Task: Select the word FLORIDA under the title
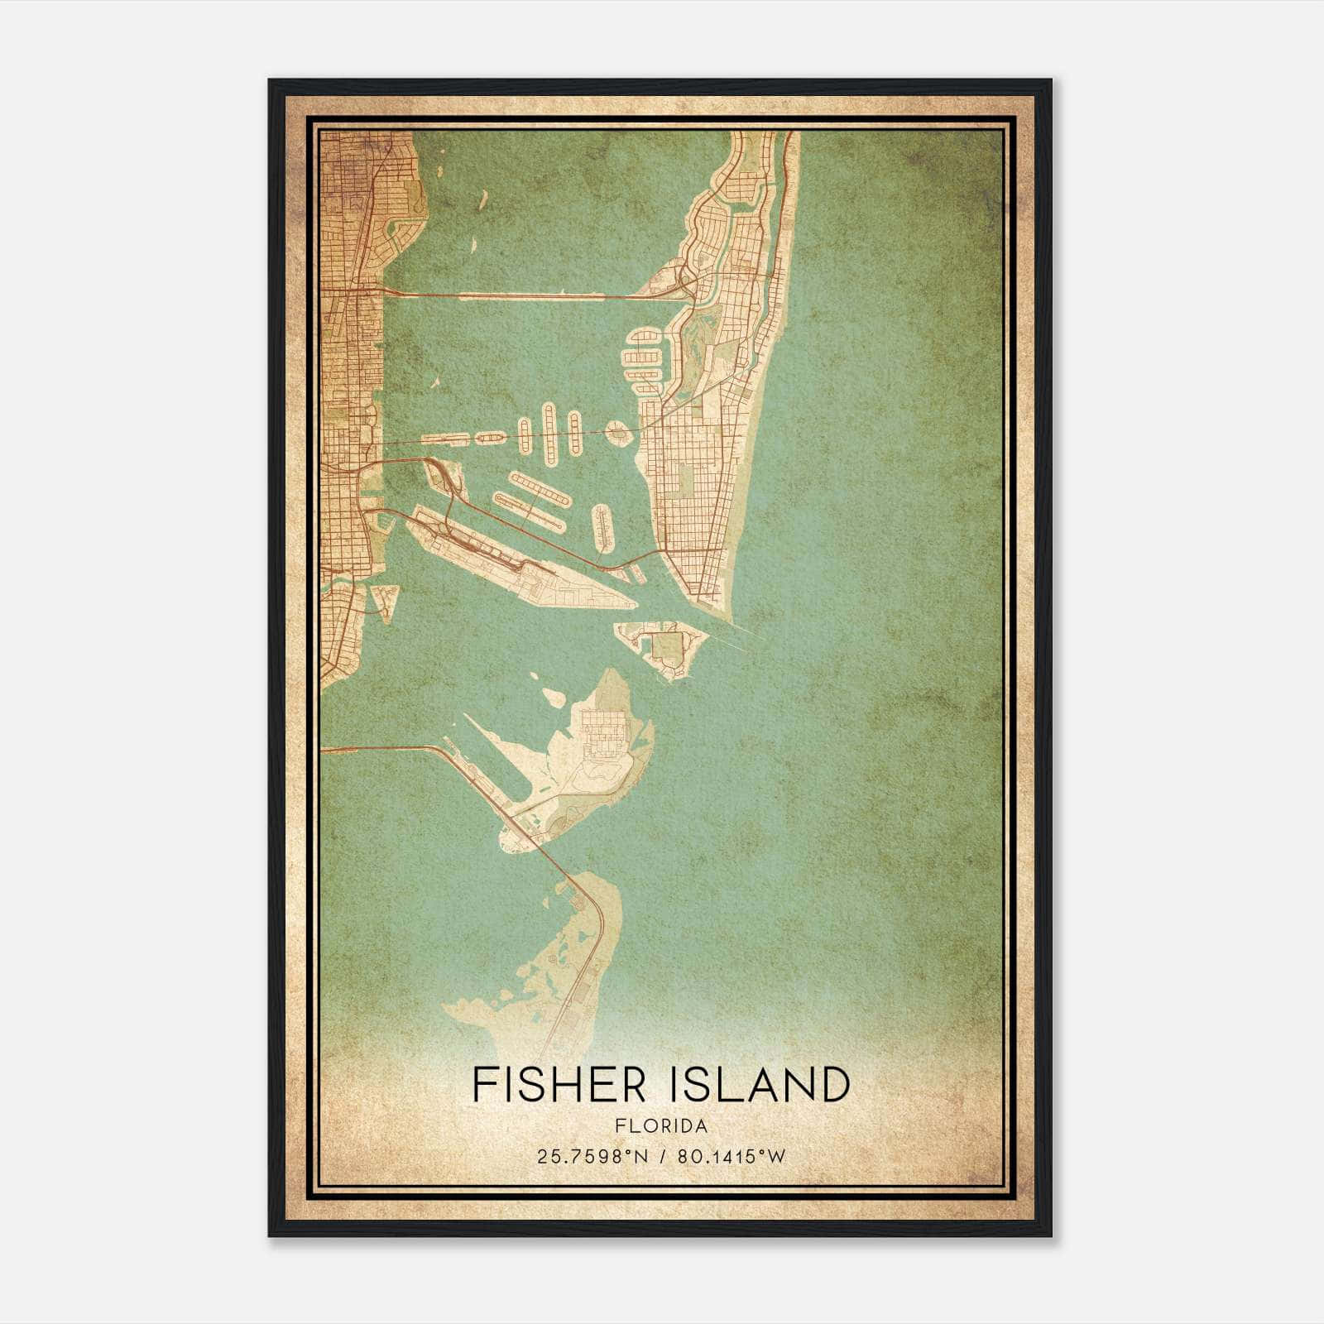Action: [661, 1125]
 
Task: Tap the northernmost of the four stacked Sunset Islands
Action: [643, 338]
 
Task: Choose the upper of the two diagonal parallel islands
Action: [540, 490]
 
